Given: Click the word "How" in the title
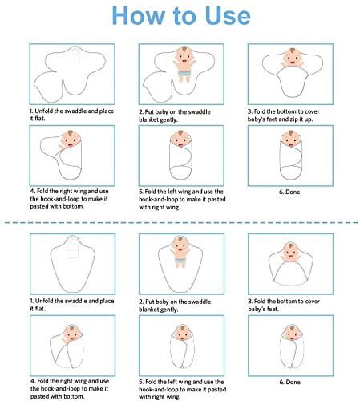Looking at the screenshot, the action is pyautogui.click(x=138, y=15).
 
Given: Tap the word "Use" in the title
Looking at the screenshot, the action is pyautogui.click(x=228, y=15).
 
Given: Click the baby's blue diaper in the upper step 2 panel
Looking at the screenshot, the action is pyautogui.click(x=184, y=73).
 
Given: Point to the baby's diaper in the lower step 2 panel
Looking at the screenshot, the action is pyautogui.click(x=180, y=261).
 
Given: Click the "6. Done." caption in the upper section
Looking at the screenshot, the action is pyautogui.click(x=290, y=192).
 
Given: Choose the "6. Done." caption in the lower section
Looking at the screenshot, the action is pyautogui.click(x=290, y=382).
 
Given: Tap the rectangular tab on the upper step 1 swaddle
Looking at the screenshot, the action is pyautogui.click(x=75, y=56).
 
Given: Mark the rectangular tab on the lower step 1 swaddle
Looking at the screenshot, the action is pyautogui.click(x=72, y=248).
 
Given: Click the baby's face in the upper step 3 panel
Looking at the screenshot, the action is pyautogui.click(x=293, y=58).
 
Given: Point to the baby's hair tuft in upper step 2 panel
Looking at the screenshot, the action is pyautogui.click(x=184, y=49).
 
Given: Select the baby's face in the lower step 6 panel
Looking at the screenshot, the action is pyautogui.click(x=292, y=333).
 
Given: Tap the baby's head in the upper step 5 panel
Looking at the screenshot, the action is pyautogui.click(x=180, y=139).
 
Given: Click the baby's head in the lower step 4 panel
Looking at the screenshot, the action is pyautogui.click(x=72, y=333).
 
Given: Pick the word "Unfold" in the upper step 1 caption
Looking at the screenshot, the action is pyautogui.click(x=44, y=111).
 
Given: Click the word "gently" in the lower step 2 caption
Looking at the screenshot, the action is pyautogui.click(x=169, y=310).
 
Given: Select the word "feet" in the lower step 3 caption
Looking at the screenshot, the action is pyautogui.click(x=273, y=309).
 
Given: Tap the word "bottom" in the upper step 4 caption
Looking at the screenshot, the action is pyautogui.click(x=72, y=206).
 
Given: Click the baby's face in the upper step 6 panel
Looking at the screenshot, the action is pyautogui.click(x=291, y=139).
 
